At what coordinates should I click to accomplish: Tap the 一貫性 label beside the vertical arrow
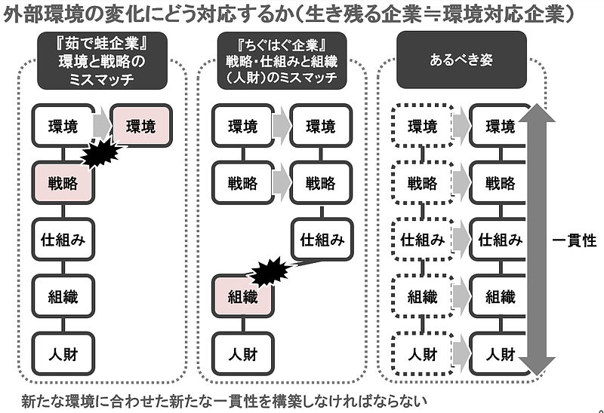pyautogui.click(x=574, y=241)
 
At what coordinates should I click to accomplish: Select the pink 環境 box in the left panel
pyautogui.click(x=142, y=126)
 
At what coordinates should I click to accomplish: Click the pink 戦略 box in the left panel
pyautogui.click(x=63, y=182)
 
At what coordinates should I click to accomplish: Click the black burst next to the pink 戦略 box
pyautogui.click(x=101, y=154)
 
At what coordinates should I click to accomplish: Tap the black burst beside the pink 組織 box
pyautogui.click(x=270, y=272)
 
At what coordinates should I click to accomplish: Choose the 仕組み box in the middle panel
pyautogui.click(x=322, y=240)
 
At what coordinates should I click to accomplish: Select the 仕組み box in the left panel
pyautogui.click(x=63, y=240)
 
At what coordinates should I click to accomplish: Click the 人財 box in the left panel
pyautogui.click(x=63, y=353)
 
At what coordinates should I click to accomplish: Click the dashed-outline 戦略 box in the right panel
pyautogui.click(x=422, y=182)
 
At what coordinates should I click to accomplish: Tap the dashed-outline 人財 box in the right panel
pyautogui.click(x=422, y=353)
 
